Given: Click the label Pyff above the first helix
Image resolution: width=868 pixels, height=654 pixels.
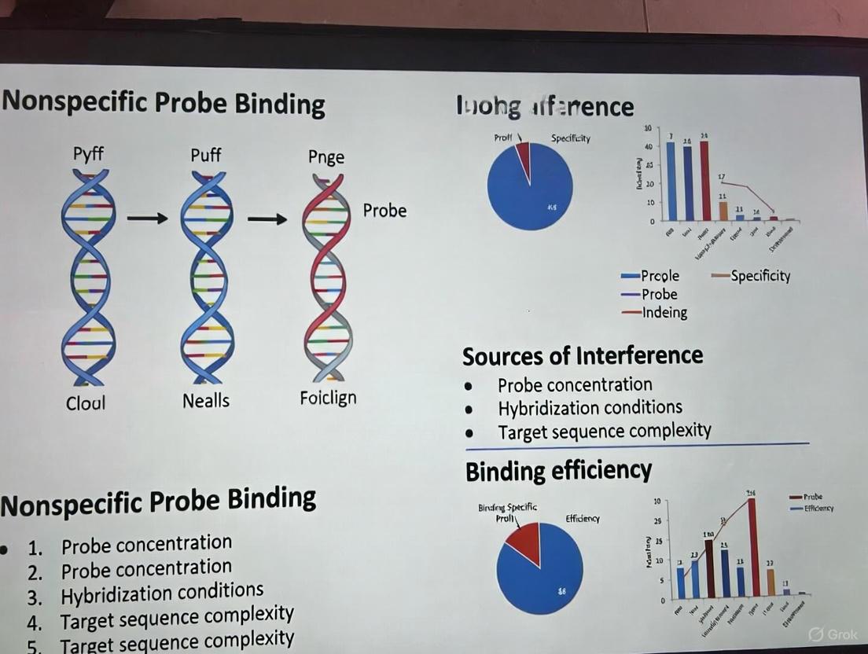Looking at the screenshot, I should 88,153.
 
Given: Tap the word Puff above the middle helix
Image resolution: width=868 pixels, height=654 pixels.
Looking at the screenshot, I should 206,154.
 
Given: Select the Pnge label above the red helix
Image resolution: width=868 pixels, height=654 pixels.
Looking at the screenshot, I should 326,156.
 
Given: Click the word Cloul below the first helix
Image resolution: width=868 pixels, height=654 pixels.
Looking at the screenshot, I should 86,403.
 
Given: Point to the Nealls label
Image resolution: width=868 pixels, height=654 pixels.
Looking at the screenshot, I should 206,401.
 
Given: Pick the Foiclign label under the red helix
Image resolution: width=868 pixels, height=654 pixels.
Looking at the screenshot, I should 328,398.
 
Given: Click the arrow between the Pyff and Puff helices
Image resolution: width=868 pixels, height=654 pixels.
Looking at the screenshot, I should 147,219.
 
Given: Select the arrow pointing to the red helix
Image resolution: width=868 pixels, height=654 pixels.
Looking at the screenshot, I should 267,219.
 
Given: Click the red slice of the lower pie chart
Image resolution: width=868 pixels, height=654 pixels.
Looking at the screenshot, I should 524,543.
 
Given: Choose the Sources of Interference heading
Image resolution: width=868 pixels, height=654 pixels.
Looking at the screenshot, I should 583,356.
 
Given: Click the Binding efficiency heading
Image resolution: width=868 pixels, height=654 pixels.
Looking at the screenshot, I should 558,471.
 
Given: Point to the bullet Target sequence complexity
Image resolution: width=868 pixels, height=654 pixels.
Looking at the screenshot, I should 604,431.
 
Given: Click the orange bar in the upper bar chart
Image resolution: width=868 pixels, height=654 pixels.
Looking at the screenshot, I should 723,211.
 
